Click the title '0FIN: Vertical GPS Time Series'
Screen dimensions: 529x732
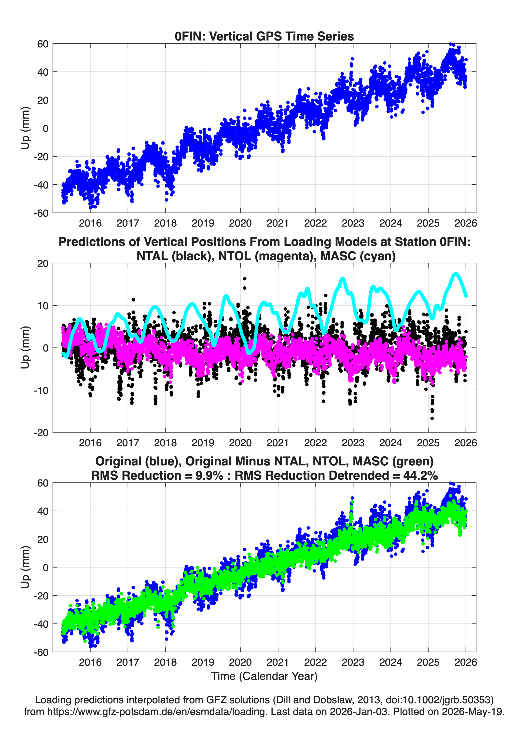264,36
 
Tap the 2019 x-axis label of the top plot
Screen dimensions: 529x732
203,223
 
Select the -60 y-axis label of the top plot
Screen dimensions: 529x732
41,213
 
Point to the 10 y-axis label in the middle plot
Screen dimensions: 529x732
43,305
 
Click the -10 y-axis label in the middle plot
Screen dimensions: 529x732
41,390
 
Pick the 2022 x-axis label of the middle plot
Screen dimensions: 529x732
316,443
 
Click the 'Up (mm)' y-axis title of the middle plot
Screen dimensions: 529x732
25,348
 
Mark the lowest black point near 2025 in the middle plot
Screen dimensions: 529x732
432,418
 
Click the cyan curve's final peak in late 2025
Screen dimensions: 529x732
456,274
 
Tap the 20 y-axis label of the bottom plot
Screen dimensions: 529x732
43,539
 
